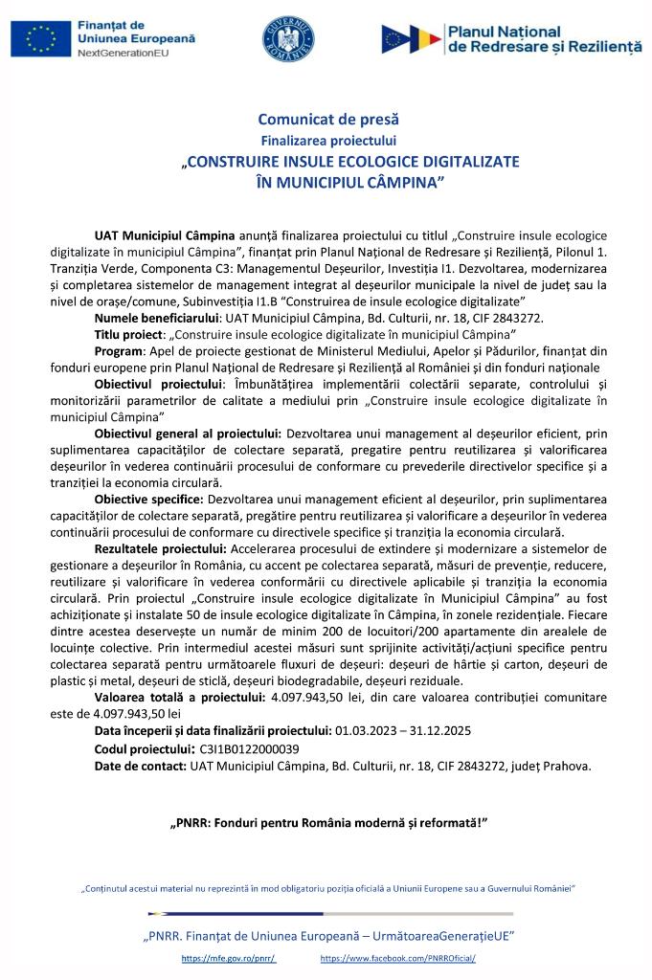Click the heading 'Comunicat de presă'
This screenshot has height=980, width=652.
[327, 120]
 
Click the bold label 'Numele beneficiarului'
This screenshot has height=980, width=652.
[157, 316]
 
